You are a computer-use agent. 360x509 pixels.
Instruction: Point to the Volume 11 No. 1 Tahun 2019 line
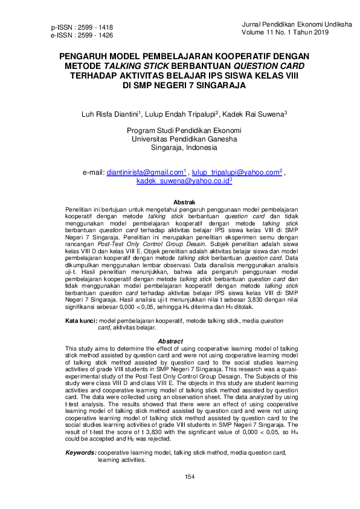[284, 32]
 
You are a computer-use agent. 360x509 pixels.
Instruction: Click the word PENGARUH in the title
[87, 56]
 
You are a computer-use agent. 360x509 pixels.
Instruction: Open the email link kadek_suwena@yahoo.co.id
[182, 181]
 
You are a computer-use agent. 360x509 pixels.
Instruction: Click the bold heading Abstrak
[184, 201]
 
